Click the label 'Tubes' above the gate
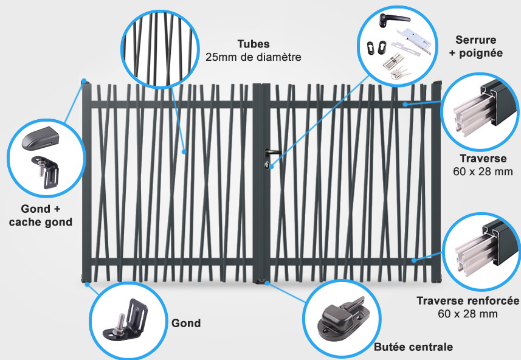(x=254, y=44)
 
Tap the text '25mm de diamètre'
(x=253, y=57)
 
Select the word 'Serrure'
(x=476, y=40)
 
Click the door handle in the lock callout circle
(x=393, y=19)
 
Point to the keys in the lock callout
(x=401, y=73)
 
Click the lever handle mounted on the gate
(x=272, y=153)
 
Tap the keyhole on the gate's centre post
(x=267, y=165)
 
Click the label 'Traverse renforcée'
(x=468, y=301)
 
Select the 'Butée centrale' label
(x=413, y=347)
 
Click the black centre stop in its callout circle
(x=342, y=319)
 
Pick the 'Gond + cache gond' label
(x=41, y=215)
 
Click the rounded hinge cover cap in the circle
(x=40, y=138)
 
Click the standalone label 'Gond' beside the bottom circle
(x=186, y=323)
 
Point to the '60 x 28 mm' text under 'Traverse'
(x=483, y=171)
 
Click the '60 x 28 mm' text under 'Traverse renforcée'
(x=468, y=314)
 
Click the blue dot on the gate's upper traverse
(x=405, y=105)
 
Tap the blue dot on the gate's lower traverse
(x=413, y=260)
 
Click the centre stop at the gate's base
(x=261, y=281)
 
